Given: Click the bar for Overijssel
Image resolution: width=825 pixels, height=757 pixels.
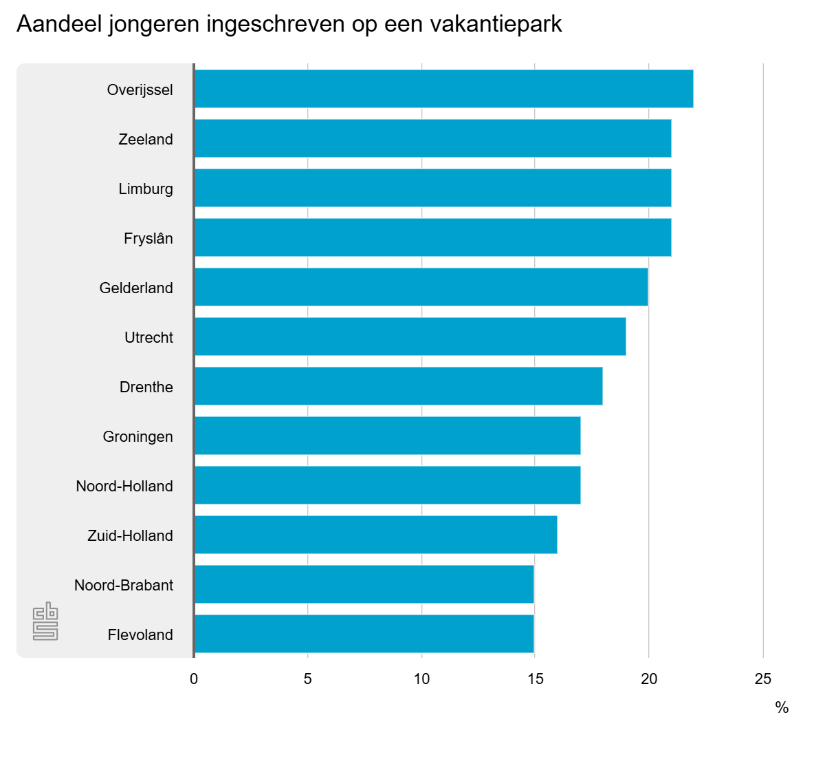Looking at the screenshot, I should pos(443,89).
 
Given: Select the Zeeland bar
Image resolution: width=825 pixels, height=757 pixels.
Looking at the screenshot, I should pos(432,138).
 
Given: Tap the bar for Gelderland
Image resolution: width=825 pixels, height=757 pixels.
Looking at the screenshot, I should pos(421,287).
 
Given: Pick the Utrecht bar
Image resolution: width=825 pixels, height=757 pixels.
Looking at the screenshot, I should pos(410,337).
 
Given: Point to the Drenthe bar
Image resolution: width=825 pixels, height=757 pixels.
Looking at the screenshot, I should pos(398,386).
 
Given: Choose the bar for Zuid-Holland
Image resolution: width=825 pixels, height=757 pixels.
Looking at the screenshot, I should pos(375,535).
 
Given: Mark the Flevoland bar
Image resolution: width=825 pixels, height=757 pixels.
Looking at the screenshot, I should pos(364,634).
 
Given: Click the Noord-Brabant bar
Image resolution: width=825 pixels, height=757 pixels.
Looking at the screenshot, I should pos(364,584).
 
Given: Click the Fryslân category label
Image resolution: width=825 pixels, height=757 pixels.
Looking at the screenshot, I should pos(148,239).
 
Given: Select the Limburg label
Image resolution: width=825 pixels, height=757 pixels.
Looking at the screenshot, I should pos(146,189).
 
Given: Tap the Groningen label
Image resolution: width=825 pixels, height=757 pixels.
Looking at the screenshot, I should pos(138,437).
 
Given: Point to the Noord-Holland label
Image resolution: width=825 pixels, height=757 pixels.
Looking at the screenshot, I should pos(124,487).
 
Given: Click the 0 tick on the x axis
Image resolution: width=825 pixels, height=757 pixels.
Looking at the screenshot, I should pos(194,679).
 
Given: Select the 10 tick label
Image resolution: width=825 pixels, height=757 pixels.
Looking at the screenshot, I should pos(421,679).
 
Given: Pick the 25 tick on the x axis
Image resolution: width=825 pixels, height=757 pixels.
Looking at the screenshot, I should pos(763,679).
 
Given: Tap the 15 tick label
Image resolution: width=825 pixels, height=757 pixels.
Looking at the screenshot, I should pos(536,679).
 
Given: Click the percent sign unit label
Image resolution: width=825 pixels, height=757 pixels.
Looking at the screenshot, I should pos(782,708).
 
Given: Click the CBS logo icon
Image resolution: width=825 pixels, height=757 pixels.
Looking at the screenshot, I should pos(45,621).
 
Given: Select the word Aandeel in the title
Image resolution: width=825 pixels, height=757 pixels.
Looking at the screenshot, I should pos(60,24).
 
